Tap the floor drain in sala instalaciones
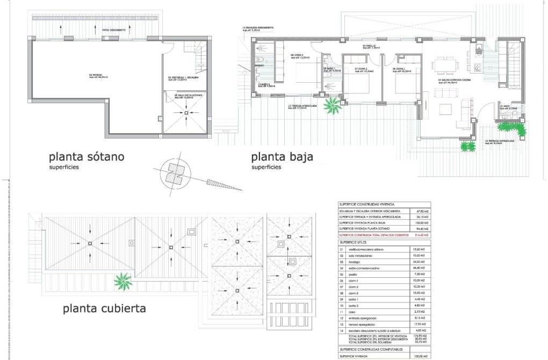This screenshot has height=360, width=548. click(186, 113)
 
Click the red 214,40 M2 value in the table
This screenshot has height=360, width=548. click(420, 235)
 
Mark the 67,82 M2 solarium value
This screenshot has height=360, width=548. click(420, 211)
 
